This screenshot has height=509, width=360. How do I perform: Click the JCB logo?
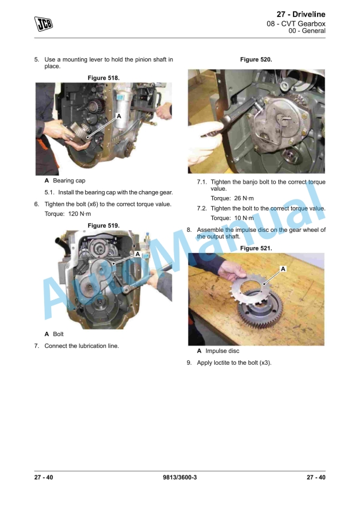click(x=44, y=24)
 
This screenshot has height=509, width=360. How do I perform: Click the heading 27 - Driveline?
click(x=301, y=14)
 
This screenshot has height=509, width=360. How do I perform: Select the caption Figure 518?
click(x=104, y=78)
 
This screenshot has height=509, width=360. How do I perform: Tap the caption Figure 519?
click(x=104, y=225)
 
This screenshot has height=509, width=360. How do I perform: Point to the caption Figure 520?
click(x=256, y=59)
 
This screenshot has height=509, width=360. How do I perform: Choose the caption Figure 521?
click(x=256, y=248)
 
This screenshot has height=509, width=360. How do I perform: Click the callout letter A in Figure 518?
click(x=119, y=116)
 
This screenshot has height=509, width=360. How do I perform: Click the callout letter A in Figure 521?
click(x=283, y=269)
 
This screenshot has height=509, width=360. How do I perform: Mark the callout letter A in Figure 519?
click(x=137, y=254)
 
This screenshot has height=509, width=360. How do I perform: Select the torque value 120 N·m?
click(x=79, y=214)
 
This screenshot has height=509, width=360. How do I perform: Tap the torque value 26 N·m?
click(x=244, y=198)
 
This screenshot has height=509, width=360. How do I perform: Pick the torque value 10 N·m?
click(x=244, y=218)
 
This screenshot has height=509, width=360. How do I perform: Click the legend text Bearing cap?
click(x=69, y=181)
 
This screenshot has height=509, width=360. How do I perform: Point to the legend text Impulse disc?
click(x=222, y=351)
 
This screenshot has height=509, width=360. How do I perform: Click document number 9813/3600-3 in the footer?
click(x=180, y=477)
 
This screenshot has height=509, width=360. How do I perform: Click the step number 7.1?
click(x=202, y=182)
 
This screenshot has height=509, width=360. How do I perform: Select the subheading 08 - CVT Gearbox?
click(x=296, y=24)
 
